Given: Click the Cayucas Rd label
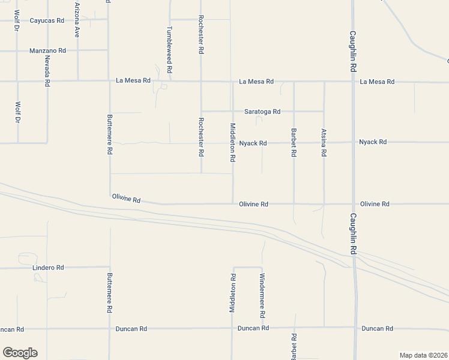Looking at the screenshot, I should pos(47,20).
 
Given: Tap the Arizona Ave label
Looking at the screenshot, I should pos(77,20).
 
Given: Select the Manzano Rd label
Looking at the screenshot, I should pos(47,51).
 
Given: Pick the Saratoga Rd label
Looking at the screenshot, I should pos(262,112).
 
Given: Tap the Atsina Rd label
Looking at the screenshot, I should pos(324,142).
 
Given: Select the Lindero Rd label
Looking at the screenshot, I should pos(47,268).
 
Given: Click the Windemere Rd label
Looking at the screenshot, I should pos(262,296).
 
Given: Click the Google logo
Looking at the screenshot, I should pos(20,353).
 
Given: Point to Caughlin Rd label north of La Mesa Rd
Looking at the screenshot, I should pos(354,51).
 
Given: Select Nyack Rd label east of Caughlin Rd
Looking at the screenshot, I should pos(373,142).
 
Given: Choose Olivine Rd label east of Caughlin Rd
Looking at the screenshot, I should pos(375,204).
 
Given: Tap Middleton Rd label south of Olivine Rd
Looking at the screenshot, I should pos(232,293).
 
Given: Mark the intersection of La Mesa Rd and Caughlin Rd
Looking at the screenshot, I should pos(353,81).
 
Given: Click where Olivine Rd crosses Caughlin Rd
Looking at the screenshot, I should pos(353,204).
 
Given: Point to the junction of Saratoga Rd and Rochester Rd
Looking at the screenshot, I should pos(201,111).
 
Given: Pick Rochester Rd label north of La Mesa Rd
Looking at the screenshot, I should pos(201,36).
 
